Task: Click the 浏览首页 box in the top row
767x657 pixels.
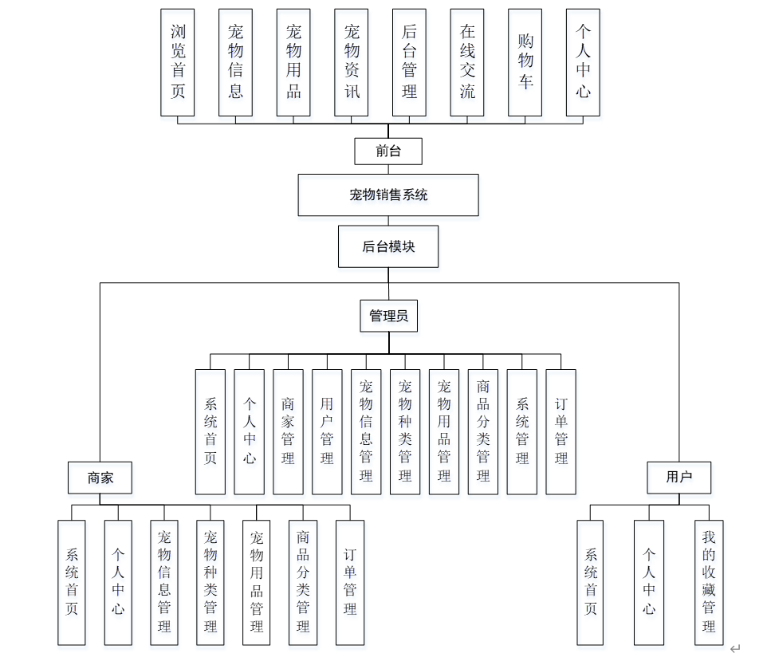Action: pyautogui.click(x=177, y=62)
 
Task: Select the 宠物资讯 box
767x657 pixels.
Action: pyautogui.click(x=352, y=62)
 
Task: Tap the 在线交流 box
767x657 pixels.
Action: pyautogui.click(x=467, y=62)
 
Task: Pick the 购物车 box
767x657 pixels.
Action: pyautogui.click(x=525, y=62)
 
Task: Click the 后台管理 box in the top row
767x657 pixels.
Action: pyautogui.click(x=409, y=62)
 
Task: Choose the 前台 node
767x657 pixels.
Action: pyautogui.click(x=388, y=151)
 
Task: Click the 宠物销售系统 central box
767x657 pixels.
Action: pyautogui.click(x=388, y=195)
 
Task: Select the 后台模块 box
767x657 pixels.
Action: pyautogui.click(x=388, y=246)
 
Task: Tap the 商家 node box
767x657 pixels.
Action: pyautogui.click(x=100, y=478)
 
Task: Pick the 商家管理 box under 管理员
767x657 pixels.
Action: pyautogui.click(x=288, y=431)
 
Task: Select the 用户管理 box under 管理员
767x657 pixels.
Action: pyautogui.click(x=327, y=431)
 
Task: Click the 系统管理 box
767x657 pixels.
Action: pyautogui.click(x=522, y=431)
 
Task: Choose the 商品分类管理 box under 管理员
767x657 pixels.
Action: pyautogui.click(x=483, y=431)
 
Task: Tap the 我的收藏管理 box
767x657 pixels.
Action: pyautogui.click(x=709, y=583)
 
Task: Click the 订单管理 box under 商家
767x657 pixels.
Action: pyautogui.click(x=350, y=583)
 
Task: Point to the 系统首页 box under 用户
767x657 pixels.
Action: pyautogui.click(x=590, y=583)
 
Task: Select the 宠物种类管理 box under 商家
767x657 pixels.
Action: pyautogui.click(x=210, y=583)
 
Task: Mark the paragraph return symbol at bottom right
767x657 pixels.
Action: pyautogui.click(x=734, y=648)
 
